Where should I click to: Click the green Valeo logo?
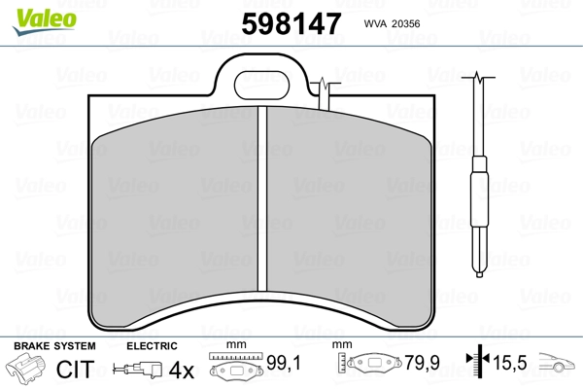(45, 21)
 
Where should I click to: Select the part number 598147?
(291, 23)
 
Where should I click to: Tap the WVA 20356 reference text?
(392, 23)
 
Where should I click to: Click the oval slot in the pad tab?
(261, 86)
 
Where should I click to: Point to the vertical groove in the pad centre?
(262, 198)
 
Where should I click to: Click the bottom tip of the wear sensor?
(479, 276)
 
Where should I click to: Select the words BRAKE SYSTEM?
(54, 346)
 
